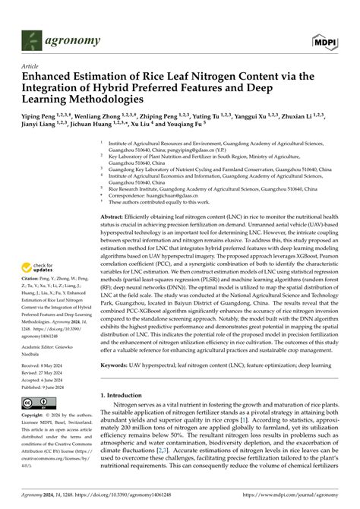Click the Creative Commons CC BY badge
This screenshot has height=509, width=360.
pos(37,403)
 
